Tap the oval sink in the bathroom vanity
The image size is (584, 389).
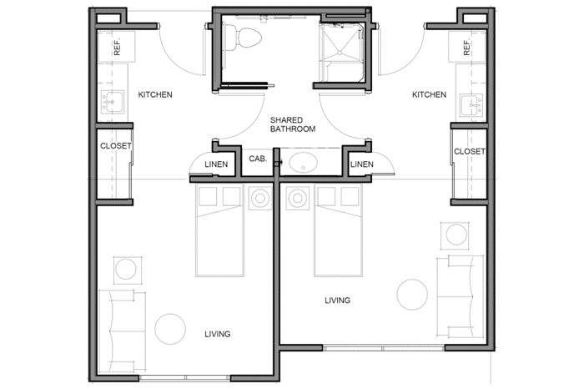(303, 163)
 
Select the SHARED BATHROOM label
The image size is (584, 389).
(293, 124)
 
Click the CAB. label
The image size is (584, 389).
(258, 159)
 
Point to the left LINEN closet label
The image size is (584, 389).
(216, 164)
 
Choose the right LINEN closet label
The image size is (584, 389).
(361, 164)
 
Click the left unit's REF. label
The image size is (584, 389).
(118, 48)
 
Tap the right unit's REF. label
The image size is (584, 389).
(466, 48)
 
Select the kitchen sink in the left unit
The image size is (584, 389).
(113, 102)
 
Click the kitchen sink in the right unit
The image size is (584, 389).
(471, 105)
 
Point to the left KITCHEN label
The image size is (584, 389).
(155, 94)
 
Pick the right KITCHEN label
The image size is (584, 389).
(429, 94)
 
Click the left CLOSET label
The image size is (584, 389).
(116, 146)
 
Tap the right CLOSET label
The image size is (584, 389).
(469, 151)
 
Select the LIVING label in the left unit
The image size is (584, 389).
(218, 334)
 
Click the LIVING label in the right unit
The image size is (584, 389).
(337, 301)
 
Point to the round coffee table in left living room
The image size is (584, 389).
(170, 329)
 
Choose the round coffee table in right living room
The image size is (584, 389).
(412, 295)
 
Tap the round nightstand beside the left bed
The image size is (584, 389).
(260, 198)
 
